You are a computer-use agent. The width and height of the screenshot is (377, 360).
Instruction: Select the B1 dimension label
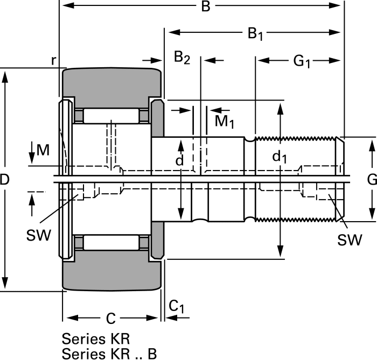[x=255, y=34]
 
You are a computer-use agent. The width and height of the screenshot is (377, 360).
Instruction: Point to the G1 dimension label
[x=302, y=61]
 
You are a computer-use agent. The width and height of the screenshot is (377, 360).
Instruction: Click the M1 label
[x=225, y=121]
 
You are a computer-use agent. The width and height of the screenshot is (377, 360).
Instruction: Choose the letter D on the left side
[x=5, y=181]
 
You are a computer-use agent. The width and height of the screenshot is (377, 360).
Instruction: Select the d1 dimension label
[x=280, y=157]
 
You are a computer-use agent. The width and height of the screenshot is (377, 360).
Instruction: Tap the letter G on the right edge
[x=372, y=179]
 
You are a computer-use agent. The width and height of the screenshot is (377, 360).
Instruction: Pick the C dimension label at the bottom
[x=110, y=319]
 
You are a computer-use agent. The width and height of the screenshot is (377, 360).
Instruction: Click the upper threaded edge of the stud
[x=296, y=138]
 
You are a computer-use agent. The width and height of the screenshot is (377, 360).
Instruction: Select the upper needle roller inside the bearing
[x=110, y=116]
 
